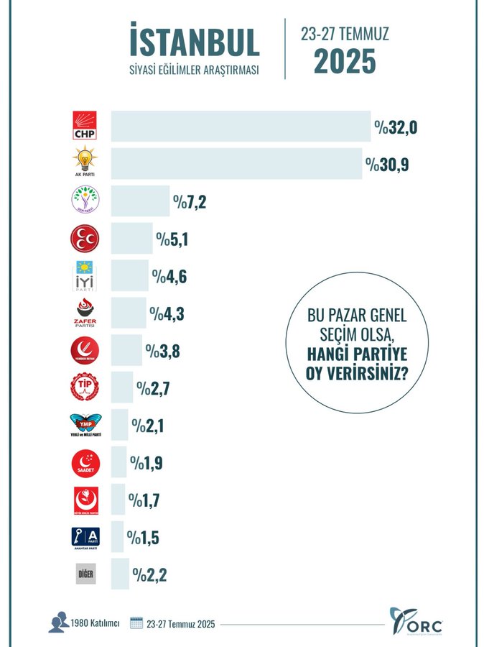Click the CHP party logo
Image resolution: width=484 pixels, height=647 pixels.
pos(84,126)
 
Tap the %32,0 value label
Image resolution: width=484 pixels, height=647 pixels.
pos(396,128)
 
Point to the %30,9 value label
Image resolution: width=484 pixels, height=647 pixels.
pos(387,165)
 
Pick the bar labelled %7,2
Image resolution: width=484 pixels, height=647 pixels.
pos(139,201)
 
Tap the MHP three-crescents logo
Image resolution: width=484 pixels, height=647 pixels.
pos(84,239)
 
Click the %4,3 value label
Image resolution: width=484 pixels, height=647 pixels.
pos(167,313)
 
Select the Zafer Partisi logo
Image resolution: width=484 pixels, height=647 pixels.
pos(84,313)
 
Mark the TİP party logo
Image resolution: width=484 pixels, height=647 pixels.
pos(84,388)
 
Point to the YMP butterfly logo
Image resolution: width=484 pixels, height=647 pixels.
pos(84,426)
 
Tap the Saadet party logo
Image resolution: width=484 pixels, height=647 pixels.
pos(84,462)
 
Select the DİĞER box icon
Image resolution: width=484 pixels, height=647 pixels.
pos(84,574)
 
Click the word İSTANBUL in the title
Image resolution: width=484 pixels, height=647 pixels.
pos(194,42)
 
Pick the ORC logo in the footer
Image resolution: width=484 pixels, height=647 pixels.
pos(416,622)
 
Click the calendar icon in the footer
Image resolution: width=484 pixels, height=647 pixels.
pos(137,623)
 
